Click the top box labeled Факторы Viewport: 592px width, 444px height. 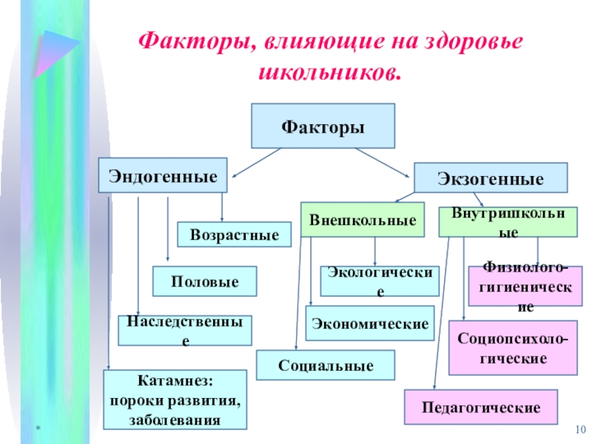click(x=323, y=126)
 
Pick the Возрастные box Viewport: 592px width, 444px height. click(x=234, y=235)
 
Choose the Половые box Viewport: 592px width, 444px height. click(x=204, y=282)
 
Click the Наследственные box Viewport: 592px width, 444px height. click(x=185, y=331)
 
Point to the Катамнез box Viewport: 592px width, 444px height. click(x=175, y=400)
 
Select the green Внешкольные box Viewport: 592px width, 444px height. click(x=362, y=220)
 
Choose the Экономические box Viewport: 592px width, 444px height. click(x=369, y=324)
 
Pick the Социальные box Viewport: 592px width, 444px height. click(x=326, y=366)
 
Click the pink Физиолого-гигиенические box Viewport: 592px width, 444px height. click(x=525, y=286)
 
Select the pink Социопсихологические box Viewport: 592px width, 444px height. click(x=513, y=348)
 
